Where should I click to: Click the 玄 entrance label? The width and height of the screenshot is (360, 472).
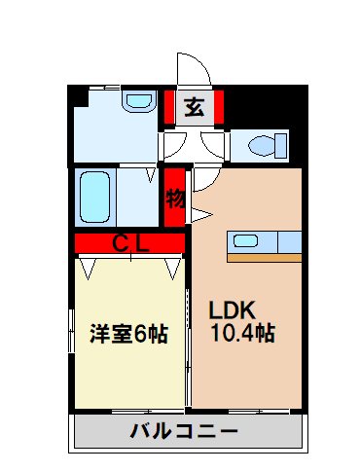195,107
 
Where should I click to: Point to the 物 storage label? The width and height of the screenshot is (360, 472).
175,199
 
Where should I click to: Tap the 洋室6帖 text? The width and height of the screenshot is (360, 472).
128,334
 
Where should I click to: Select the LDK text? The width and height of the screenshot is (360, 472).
234,311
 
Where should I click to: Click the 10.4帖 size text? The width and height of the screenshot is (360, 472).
242,334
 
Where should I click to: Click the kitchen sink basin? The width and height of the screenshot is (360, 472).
243,241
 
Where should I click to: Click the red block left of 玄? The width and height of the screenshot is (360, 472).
168,107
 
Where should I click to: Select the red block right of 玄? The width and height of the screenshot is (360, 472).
220,107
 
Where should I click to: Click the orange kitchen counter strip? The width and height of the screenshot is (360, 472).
265,258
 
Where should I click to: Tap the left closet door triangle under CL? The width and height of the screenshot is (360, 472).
88,265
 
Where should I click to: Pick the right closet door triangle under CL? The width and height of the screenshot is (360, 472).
175,265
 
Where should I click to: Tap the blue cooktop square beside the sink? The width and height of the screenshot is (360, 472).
289,240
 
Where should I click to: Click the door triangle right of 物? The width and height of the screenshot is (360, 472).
201,212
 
